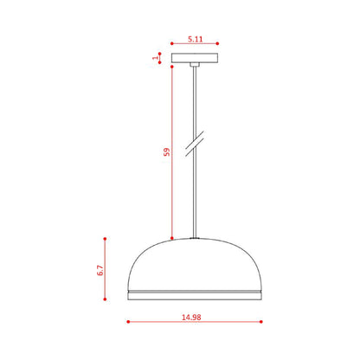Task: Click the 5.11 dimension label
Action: point(196,39)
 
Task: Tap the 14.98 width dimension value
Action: point(191,317)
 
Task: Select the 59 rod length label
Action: point(167,152)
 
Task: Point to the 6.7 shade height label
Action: point(100,270)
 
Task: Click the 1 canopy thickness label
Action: point(156,58)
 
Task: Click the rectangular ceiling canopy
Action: point(195,58)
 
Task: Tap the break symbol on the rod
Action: point(195,144)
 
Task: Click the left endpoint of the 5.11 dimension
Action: point(171,43)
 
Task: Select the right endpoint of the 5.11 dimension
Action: point(217,43)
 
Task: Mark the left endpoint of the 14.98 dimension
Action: point(128,322)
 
